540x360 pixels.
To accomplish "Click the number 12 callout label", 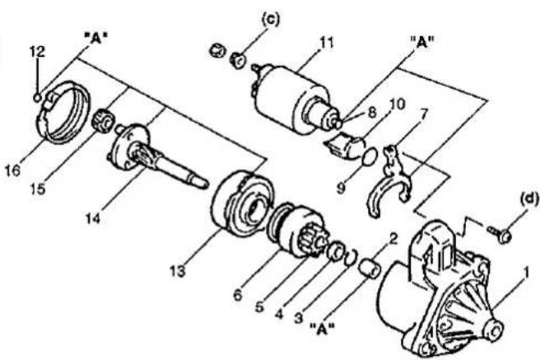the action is [x=37, y=52].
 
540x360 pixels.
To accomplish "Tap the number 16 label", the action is [x=12, y=171].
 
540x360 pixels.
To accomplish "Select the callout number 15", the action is [x=38, y=189].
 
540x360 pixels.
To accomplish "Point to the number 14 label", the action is [x=93, y=217].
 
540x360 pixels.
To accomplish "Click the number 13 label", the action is [x=178, y=272].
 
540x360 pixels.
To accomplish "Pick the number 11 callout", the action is [x=327, y=44].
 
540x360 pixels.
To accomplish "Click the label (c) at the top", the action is [x=271, y=19].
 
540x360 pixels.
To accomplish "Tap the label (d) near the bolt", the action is [x=529, y=199].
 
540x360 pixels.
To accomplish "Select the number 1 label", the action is [x=526, y=273].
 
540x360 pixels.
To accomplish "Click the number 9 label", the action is [x=341, y=189].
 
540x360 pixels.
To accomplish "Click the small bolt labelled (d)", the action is [x=500, y=234].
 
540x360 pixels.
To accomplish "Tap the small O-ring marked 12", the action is [x=38, y=98].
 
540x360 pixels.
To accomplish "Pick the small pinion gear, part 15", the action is [x=102, y=120].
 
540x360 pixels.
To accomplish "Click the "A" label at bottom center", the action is [x=323, y=330].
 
